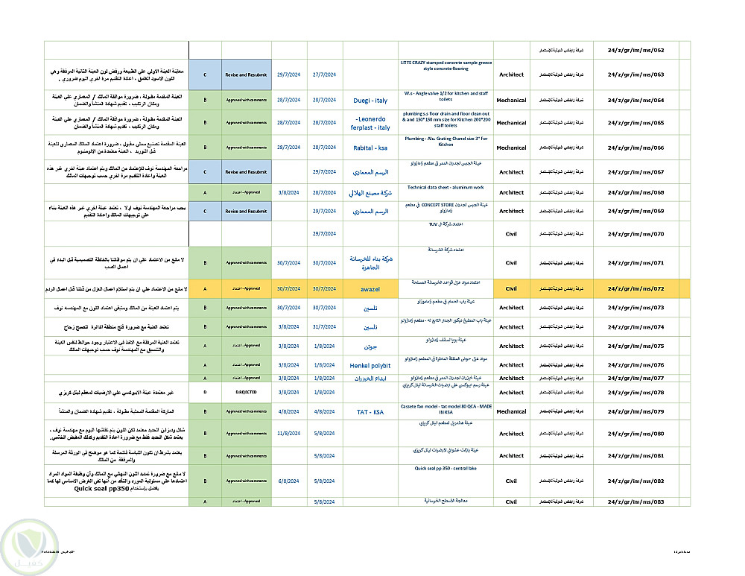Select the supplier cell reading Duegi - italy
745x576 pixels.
pos(370,100)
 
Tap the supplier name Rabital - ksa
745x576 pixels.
pos(370,148)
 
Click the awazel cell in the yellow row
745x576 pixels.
pos(370,288)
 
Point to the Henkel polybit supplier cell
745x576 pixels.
pos(370,365)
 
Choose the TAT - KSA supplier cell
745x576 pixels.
pos(370,411)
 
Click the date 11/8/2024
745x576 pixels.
pos(289,433)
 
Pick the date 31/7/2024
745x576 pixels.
pos(325,327)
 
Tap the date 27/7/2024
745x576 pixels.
pos(325,75)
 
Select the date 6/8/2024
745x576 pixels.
pos(289,481)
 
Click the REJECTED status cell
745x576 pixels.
pos(246,392)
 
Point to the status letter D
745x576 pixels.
pos(205,392)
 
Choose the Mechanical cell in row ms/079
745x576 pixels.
pos(511,411)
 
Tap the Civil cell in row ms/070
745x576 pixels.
pos(511,234)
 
